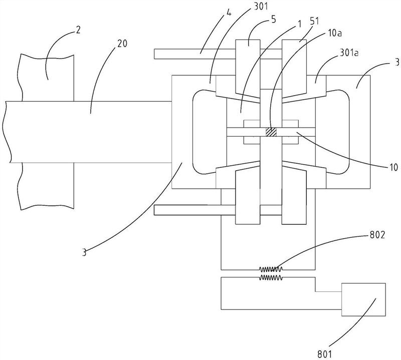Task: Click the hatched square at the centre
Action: [x=271, y=132]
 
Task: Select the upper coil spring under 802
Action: [x=271, y=269]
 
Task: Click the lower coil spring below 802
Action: [x=271, y=276]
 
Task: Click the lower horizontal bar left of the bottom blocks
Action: [x=187, y=210]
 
